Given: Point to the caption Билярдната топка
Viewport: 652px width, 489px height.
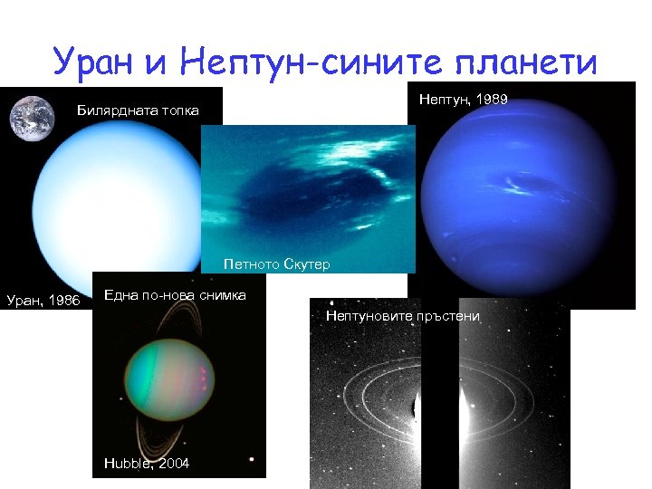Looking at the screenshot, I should click(x=137, y=110).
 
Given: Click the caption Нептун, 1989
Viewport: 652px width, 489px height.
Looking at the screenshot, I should click(x=463, y=99).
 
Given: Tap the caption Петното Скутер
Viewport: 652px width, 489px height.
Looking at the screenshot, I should click(x=277, y=264).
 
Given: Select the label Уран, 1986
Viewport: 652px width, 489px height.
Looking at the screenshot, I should click(x=43, y=300).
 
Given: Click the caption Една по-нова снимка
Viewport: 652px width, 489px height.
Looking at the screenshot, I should click(x=175, y=295).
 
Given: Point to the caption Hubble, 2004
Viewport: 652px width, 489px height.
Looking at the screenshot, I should click(x=146, y=463).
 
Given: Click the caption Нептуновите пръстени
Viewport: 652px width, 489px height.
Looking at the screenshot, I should click(x=402, y=316).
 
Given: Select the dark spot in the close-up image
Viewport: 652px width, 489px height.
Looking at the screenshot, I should click(x=299, y=195).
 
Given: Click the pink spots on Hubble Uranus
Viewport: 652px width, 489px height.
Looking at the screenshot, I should click(x=204, y=376).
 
